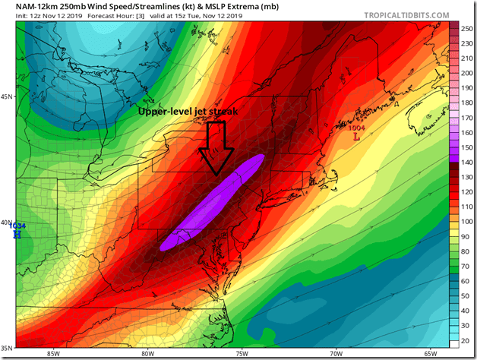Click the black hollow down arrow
(216, 149)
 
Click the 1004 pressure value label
(356, 128)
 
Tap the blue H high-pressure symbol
(17, 235)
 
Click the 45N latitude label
(7, 97)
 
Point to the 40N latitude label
(7, 223)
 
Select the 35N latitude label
(7, 347)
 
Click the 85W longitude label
(52, 353)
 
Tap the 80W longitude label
(147, 353)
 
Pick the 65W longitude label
(430, 353)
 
